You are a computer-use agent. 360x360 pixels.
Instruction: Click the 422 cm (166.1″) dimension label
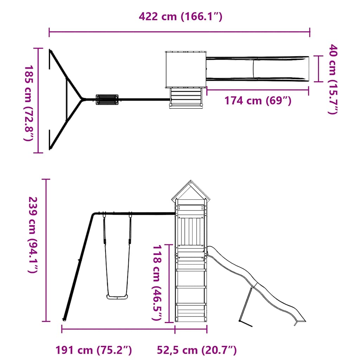(180, 17)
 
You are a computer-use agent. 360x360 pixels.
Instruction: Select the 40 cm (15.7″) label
(332, 79)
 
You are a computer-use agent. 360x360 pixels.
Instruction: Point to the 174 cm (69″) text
(258, 101)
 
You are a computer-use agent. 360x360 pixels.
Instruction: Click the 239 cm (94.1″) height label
(32, 234)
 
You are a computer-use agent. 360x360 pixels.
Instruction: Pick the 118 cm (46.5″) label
(157, 283)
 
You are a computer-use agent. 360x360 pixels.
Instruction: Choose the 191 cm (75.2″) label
(94, 350)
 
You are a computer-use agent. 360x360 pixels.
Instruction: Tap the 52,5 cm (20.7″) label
(197, 350)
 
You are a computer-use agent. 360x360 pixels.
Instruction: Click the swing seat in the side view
(117, 297)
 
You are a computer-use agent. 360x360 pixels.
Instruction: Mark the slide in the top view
(257, 68)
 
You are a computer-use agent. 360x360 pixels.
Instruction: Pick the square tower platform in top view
(185, 69)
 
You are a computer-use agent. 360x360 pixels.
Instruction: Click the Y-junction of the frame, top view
(82, 99)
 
